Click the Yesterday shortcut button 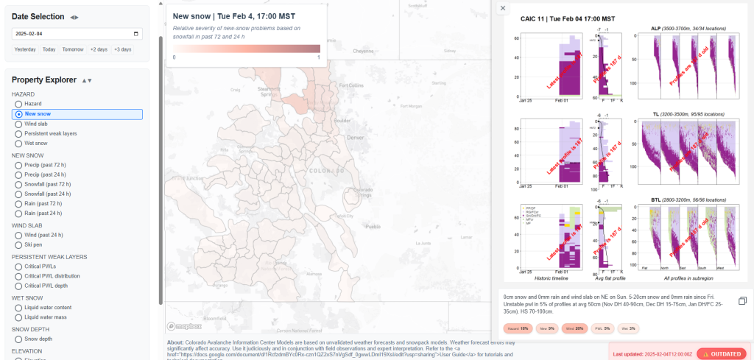click(25, 49)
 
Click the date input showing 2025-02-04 click(77, 33)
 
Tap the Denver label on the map click(355, 138)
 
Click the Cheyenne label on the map click(364, 51)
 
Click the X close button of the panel click(502, 8)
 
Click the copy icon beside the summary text click(742, 300)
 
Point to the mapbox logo click(184, 326)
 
